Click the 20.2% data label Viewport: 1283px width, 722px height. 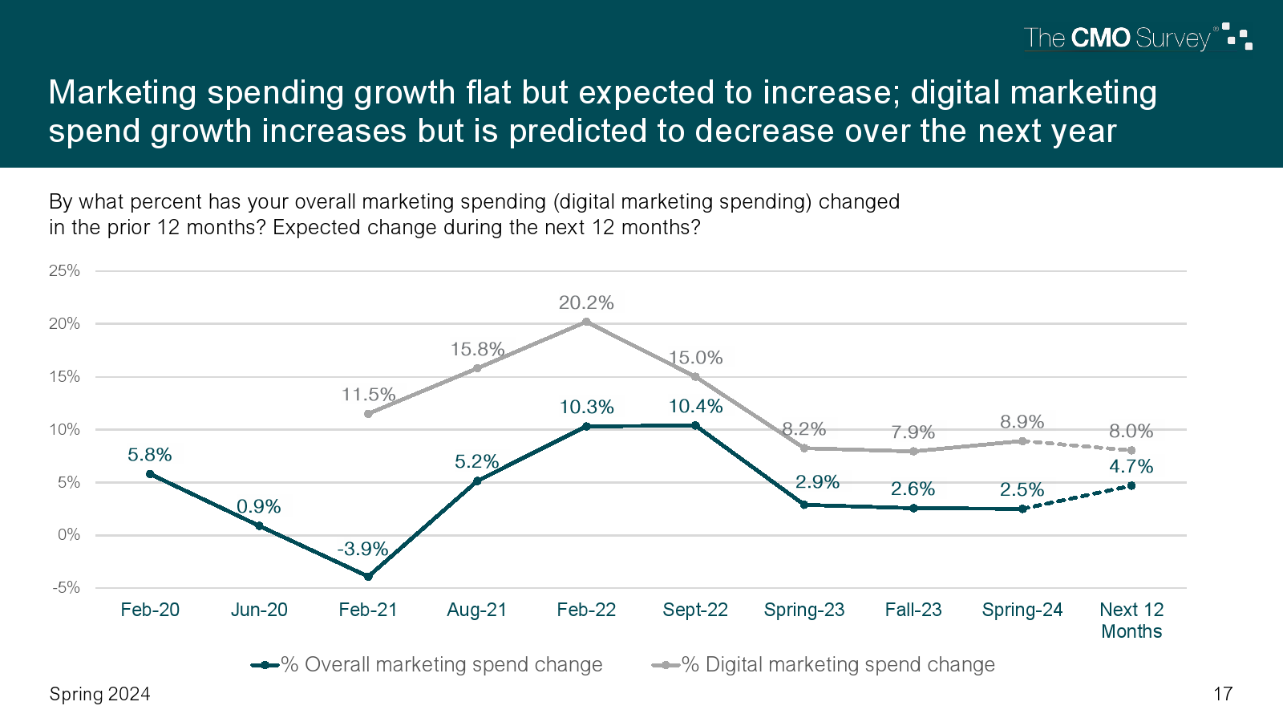[586, 302]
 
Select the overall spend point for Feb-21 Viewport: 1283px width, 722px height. [368, 577]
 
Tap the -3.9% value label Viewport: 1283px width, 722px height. [362, 549]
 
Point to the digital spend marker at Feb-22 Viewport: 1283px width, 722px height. [586, 322]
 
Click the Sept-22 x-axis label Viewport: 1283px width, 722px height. [695, 610]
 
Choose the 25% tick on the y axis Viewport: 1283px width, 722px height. [64, 270]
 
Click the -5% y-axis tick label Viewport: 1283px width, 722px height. [66, 587]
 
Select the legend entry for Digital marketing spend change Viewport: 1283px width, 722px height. [824, 664]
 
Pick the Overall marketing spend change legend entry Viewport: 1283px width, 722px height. [427, 664]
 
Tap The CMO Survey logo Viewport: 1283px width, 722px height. [1137, 38]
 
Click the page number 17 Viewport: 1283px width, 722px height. [1223, 694]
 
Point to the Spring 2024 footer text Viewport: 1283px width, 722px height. [99, 694]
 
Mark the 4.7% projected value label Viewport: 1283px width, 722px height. [1131, 466]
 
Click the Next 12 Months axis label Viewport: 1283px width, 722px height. [1131, 620]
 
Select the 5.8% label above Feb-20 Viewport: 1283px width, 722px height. [150, 455]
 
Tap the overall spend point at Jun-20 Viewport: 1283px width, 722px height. [259, 525]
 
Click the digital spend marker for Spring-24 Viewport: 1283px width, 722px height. [1022, 441]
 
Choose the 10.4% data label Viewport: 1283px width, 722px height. [695, 406]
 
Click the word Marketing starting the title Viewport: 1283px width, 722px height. [122, 92]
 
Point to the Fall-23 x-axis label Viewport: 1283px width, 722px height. [913, 610]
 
